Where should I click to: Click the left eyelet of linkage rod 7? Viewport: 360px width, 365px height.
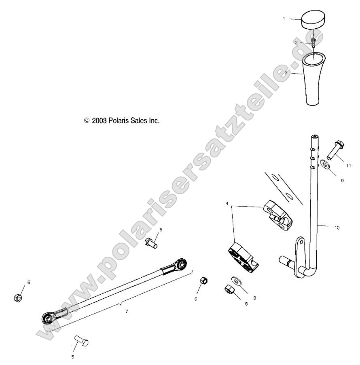48,319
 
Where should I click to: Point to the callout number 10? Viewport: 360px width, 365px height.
337,228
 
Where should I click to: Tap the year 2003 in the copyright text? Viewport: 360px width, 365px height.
99,120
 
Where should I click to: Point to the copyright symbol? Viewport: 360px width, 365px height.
86,120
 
